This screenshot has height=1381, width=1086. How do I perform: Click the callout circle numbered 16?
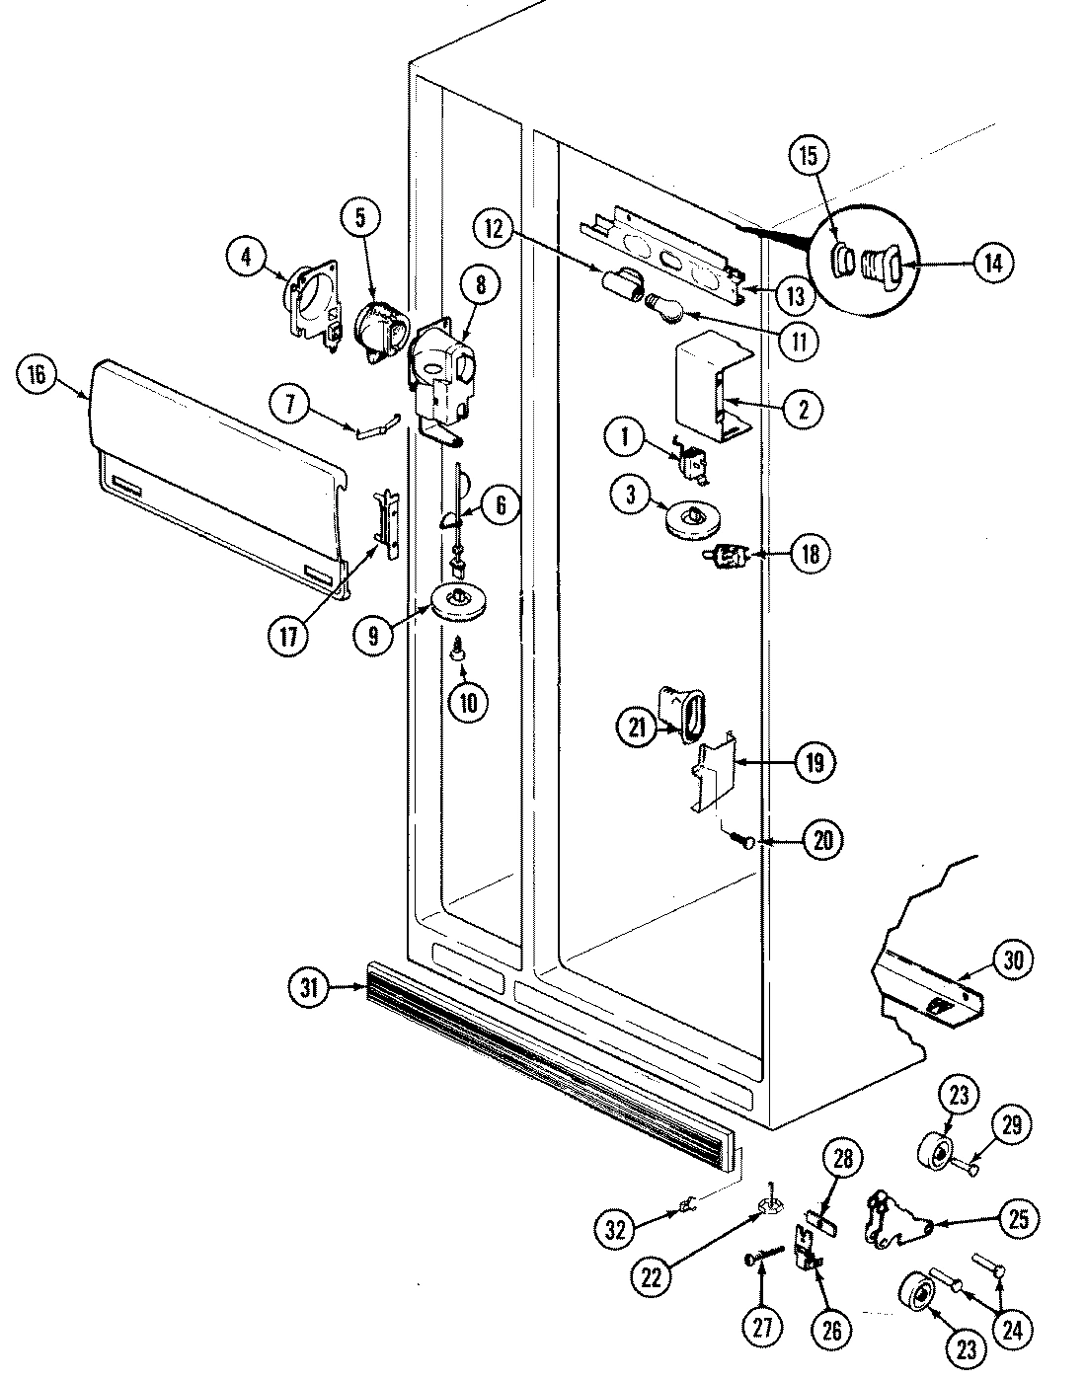[37, 375]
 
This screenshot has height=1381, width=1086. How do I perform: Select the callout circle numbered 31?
[310, 987]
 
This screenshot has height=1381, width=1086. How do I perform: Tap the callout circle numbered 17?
[288, 637]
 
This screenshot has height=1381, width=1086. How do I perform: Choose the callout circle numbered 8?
[480, 286]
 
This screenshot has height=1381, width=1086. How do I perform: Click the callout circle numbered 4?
[246, 259]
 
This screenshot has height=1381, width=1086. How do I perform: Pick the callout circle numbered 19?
[818, 762]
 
